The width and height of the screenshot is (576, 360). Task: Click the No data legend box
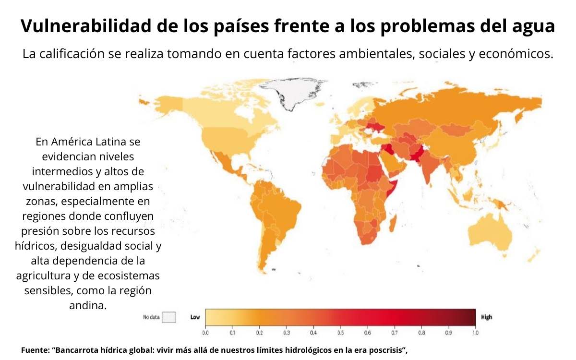pyautogui.click(x=169, y=317)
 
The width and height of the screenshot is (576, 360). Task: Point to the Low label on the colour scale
pyautogui.click(x=195, y=317)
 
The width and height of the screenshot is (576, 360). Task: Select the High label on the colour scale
pyautogui.click(x=486, y=317)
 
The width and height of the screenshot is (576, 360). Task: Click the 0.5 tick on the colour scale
pyautogui.click(x=340, y=332)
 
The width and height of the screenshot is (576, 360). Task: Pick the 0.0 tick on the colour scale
pyautogui.click(x=205, y=332)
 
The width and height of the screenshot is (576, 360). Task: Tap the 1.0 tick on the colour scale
pyautogui.click(x=475, y=332)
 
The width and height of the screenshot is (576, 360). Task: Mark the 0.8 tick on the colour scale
pyautogui.click(x=421, y=332)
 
